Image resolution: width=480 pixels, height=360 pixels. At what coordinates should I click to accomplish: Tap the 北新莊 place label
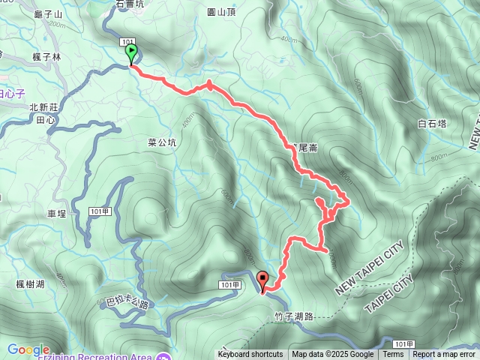(43, 108)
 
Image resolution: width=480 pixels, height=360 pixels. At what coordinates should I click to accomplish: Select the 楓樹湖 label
(30, 283)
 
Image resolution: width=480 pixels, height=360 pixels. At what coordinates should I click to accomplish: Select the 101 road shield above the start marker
(127, 43)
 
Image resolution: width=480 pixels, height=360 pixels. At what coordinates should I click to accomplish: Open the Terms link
(393, 355)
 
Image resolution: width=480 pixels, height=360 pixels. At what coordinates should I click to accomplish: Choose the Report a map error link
(443, 355)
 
